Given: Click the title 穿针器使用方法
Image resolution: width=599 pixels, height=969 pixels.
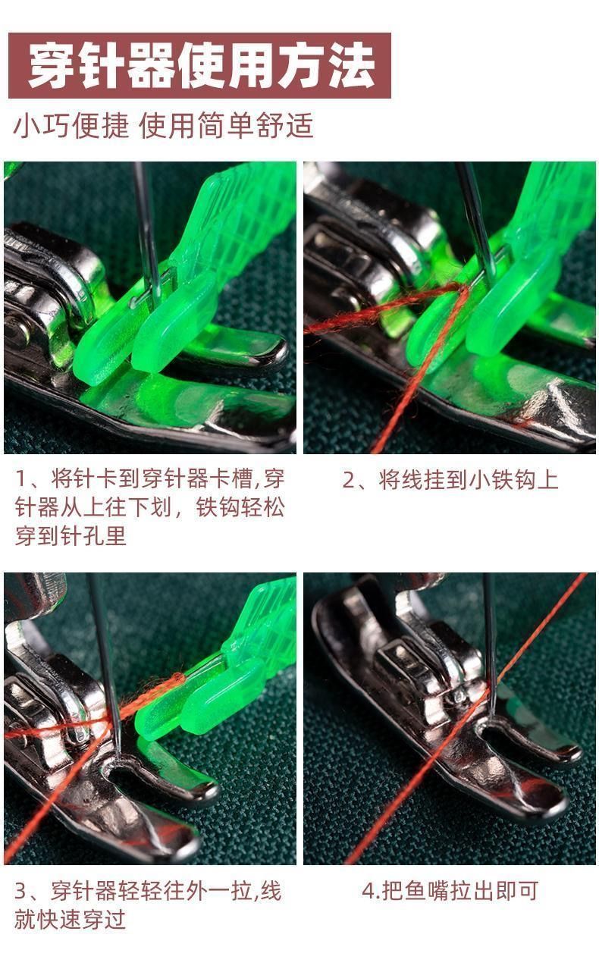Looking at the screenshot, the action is [x=201, y=66].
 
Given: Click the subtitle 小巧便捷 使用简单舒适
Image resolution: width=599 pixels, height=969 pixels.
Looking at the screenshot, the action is [x=163, y=125].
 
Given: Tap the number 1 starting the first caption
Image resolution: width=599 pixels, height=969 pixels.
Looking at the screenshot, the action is [x=20, y=479].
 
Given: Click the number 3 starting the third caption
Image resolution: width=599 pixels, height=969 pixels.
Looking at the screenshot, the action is [x=20, y=891].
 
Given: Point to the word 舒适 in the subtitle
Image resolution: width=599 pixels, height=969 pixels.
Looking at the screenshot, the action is [x=285, y=125].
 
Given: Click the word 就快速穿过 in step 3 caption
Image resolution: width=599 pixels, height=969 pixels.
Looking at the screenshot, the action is [x=70, y=919].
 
